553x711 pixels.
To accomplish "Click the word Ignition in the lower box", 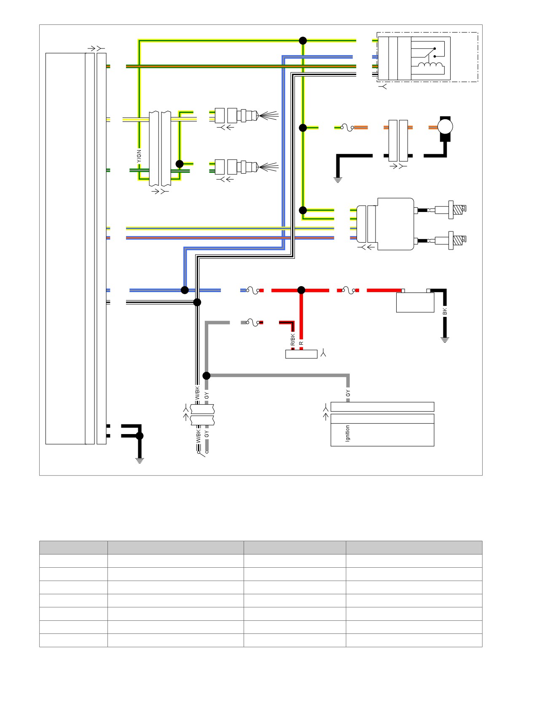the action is tap(347, 433).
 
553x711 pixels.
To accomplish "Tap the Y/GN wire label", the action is tap(139, 156).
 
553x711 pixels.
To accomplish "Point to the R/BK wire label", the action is tap(293, 340).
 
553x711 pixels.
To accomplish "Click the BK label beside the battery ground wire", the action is tap(445, 311).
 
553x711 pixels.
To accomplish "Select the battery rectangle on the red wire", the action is tap(415, 302).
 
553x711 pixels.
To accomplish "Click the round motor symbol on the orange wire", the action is tap(445, 126).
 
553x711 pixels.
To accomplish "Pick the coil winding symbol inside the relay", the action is tap(431, 65).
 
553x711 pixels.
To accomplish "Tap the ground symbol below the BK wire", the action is tap(445, 339).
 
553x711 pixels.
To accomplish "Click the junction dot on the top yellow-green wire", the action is tap(303, 40).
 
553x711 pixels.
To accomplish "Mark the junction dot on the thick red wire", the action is tap(301, 290).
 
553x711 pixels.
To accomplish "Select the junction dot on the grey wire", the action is tap(207, 376).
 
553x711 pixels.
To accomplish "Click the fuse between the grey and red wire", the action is tap(252, 323).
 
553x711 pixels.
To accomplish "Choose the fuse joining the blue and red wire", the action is tap(252, 290).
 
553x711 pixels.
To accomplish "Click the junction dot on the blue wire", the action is tap(185, 290).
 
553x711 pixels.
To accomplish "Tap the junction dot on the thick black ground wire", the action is tap(140, 436).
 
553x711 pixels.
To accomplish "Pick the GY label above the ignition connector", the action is tap(348, 393).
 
